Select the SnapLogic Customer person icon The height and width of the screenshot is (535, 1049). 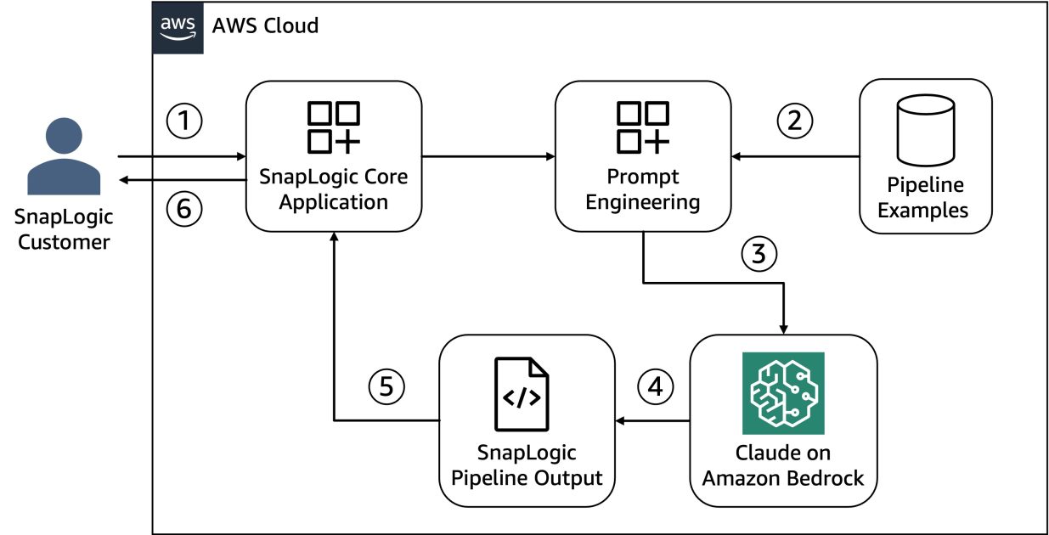[x=64, y=157]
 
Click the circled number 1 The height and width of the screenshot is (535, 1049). [x=184, y=121]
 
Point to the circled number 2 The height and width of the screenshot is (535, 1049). [x=794, y=121]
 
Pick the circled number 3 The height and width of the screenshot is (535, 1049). [x=759, y=254]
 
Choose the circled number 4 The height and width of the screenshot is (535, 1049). [x=655, y=387]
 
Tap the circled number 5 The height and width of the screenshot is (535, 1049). [x=386, y=387]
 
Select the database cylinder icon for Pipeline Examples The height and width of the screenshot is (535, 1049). [x=927, y=132]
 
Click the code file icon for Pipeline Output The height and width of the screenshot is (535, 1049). [x=522, y=394]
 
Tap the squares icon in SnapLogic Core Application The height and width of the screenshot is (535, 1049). [x=334, y=128]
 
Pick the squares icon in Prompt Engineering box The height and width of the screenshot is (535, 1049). [x=643, y=128]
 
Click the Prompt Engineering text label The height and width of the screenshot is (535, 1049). [x=643, y=190]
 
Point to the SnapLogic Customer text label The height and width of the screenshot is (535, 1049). [x=64, y=229]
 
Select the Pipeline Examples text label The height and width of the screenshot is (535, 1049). [x=925, y=197]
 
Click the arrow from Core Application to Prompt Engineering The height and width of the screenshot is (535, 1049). [x=488, y=156]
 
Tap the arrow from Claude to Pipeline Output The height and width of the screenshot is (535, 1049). [x=653, y=420]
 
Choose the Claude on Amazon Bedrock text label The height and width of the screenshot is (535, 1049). [x=782, y=465]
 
